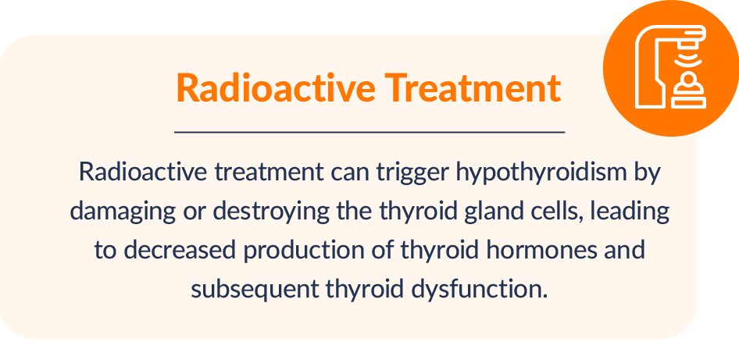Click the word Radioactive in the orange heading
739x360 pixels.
pyautogui.click(x=276, y=87)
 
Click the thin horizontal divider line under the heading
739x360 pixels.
pyautogui.click(x=369, y=133)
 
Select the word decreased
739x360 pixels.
pyautogui.click(x=179, y=250)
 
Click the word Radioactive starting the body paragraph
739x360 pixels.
pyautogui.click(x=142, y=172)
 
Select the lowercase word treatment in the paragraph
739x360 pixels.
pyautogui.click(x=269, y=173)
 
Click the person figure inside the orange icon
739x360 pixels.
pyautogui.click(x=688, y=83)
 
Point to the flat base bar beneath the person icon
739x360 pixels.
pyautogui.click(x=688, y=102)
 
